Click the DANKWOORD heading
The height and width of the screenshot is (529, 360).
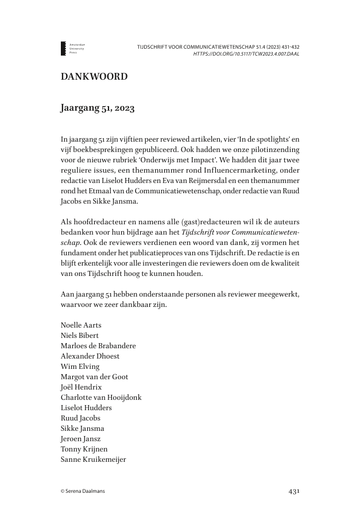point(94,76)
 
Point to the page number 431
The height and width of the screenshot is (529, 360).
point(294,491)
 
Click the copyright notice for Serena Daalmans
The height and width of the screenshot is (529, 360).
point(84,491)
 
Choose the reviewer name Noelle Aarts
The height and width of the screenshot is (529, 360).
point(81,325)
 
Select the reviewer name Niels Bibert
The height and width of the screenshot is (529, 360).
point(79,336)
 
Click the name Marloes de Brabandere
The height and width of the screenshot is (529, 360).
point(98,346)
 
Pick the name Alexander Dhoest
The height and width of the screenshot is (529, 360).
point(90,356)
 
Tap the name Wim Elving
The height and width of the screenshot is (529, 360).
point(80,367)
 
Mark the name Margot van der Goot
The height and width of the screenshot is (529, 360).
point(94,376)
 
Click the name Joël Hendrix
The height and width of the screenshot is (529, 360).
point(81,387)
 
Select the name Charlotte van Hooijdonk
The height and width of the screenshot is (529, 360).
point(101,397)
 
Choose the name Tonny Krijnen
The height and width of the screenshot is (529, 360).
point(84,449)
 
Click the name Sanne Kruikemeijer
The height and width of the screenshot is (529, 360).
point(93,459)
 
